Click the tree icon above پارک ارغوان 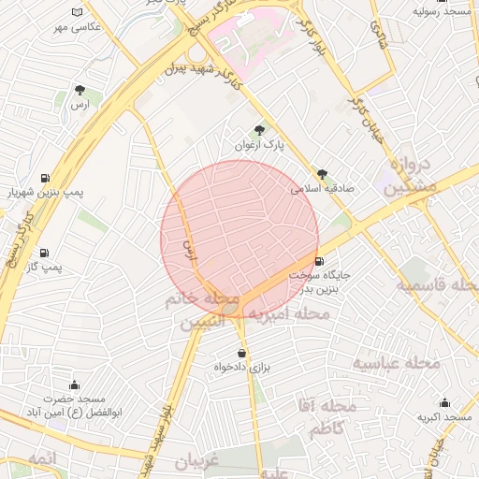[259, 130]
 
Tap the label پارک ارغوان [259, 146]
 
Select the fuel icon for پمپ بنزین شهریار [44, 178]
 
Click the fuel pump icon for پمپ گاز [44, 253]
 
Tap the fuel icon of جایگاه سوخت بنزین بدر [320, 262]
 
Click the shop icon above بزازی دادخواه [243, 353]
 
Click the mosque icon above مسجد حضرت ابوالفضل [74, 385]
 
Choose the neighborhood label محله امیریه [285, 314]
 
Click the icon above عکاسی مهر [77, 12]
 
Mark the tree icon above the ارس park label [80, 91]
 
